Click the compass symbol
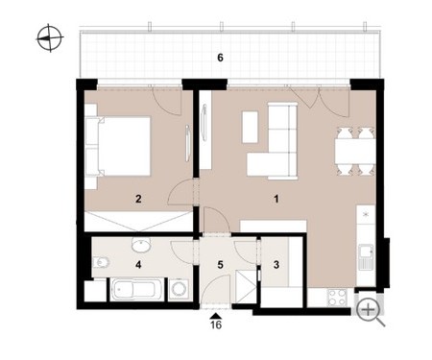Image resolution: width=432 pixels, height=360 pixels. coord(50,37)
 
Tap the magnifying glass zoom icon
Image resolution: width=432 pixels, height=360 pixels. coord(370,311)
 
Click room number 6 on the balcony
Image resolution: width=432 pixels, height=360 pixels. coord(220,58)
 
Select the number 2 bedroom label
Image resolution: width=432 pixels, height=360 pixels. coord(138,199)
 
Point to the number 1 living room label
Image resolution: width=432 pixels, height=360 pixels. coord(276,199)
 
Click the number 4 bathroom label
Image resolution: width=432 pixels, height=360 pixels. coord(138,265)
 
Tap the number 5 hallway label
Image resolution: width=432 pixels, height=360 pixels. coord(220,265)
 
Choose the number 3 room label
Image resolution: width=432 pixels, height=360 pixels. coord(276,265)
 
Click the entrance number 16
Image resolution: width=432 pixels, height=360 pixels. coord(216,324)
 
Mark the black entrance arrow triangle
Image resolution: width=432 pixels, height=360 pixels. coord(216,316)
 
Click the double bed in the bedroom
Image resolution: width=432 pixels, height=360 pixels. coord(118,146)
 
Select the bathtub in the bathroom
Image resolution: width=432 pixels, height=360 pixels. coord(136,290)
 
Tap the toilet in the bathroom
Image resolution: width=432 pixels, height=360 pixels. coord(101,263)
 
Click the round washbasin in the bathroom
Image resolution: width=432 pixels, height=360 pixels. coord(141,246)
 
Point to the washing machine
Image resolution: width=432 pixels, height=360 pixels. coord(180,290)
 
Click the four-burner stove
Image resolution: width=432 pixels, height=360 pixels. coord(337,298)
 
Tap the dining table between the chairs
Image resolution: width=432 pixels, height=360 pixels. coord(355,151)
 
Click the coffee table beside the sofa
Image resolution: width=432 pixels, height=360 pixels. coord(251,127)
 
